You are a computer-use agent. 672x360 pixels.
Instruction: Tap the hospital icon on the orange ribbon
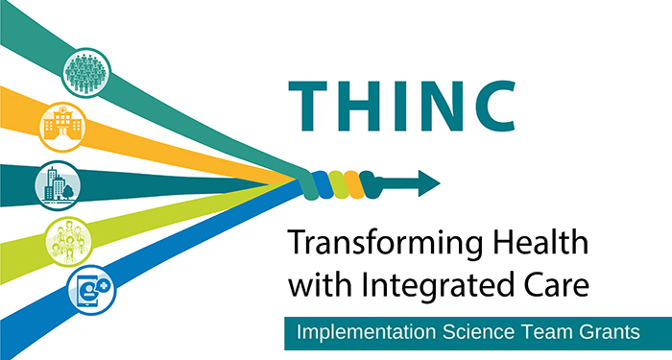coord(62,126)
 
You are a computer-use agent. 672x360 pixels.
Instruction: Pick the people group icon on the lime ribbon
coord(66,237)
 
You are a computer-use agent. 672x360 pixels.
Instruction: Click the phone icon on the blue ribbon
coord(91,289)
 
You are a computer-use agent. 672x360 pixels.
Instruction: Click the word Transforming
coord(372,246)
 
